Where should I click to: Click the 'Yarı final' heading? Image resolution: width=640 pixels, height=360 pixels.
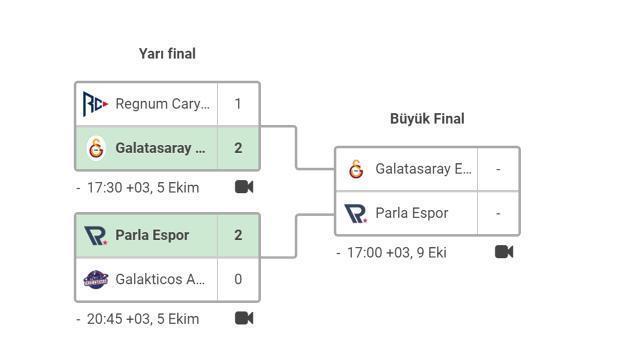(x=167, y=54)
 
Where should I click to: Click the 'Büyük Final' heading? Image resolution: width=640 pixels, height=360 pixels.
(x=427, y=119)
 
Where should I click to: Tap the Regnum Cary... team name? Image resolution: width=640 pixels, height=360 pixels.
(x=162, y=104)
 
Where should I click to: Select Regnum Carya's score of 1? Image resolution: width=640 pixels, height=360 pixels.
(x=238, y=104)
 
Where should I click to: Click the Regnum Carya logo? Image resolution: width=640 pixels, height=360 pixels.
(x=95, y=104)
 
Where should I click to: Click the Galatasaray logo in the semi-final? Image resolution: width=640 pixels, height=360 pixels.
(x=96, y=148)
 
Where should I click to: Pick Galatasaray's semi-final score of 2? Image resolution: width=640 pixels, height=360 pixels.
(x=238, y=148)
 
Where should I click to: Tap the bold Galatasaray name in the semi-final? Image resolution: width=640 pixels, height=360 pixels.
(x=160, y=148)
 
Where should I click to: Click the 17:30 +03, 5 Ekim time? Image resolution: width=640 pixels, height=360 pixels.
(x=142, y=188)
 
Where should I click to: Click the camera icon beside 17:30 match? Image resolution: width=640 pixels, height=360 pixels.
(x=244, y=187)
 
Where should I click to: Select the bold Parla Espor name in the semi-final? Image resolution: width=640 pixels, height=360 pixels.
(x=152, y=235)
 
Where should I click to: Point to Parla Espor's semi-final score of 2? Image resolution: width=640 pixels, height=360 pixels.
(x=238, y=235)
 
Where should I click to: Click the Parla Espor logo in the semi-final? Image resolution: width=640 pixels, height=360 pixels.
(x=96, y=235)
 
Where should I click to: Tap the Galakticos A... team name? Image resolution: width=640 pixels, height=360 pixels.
(x=160, y=279)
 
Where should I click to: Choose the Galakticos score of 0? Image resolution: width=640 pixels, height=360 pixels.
(x=238, y=279)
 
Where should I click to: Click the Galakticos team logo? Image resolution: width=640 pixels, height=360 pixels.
(x=96, y=279)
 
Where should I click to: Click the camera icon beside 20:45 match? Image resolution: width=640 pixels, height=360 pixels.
(x=244, y=318)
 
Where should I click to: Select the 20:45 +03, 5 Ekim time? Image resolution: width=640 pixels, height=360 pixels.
(x=142, y=319)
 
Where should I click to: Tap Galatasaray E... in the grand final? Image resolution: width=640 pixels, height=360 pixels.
(x=423, y=169)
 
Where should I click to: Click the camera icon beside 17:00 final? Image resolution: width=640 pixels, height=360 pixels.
(x=504, y=252)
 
